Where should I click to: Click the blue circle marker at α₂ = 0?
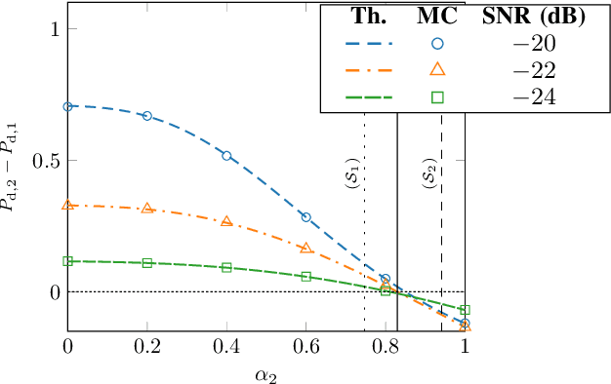pos(67,106)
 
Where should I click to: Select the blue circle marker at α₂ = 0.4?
pos(226,156)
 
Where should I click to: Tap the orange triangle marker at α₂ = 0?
pos(67,205)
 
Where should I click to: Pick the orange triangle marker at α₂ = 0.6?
pos(306,249)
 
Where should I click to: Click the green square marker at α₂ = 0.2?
pos(147,263)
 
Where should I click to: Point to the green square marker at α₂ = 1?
pos(465,310)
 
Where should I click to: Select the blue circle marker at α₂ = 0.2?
pos(147,116)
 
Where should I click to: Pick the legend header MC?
pos(437,17)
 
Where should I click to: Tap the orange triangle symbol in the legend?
pos(437,68)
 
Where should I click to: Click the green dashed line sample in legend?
pos(369,96)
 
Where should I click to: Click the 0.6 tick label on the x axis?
pos(306,345)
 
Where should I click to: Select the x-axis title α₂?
pos(266,373)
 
